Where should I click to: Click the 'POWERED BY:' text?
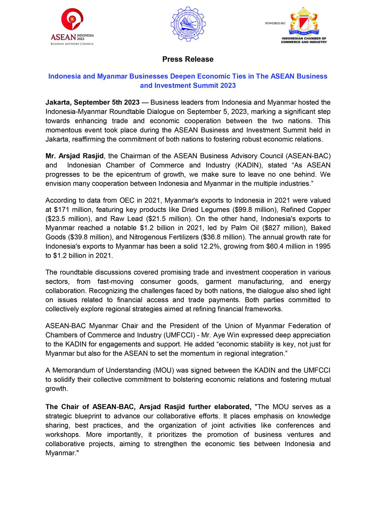[x=275, y=23]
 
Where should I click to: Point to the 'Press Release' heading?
[x=188, y=59]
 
